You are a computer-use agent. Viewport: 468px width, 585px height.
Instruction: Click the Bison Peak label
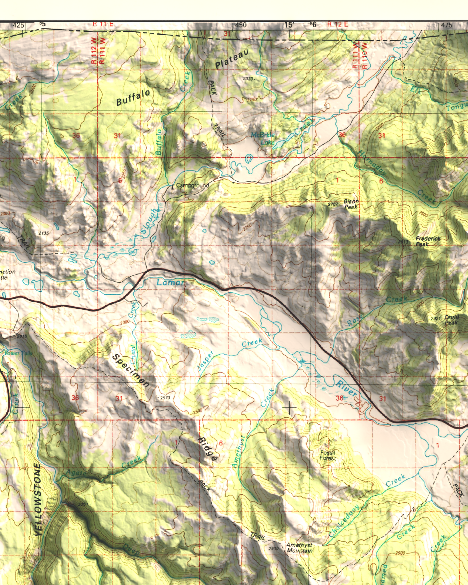[351, 204]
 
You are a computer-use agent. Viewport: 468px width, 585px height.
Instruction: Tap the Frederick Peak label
[428, 241]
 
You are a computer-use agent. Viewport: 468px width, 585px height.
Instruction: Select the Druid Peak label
[451, 320]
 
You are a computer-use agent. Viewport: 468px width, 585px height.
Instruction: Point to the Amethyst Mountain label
[300, 548]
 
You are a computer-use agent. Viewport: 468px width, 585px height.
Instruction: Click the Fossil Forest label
[328, 455]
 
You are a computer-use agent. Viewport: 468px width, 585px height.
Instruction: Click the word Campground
[192, 186]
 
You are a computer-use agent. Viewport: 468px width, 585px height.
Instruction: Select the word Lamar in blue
[170, 282]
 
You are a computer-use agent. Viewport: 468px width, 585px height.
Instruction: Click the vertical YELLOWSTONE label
[38, 499]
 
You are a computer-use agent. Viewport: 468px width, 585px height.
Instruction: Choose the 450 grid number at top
[241, 25]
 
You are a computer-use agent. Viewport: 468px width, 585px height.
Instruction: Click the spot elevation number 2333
[248, 79]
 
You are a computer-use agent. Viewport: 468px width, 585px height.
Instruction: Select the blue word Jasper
[206, 361]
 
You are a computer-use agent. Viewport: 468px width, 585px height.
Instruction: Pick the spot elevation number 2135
[43, 233]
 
